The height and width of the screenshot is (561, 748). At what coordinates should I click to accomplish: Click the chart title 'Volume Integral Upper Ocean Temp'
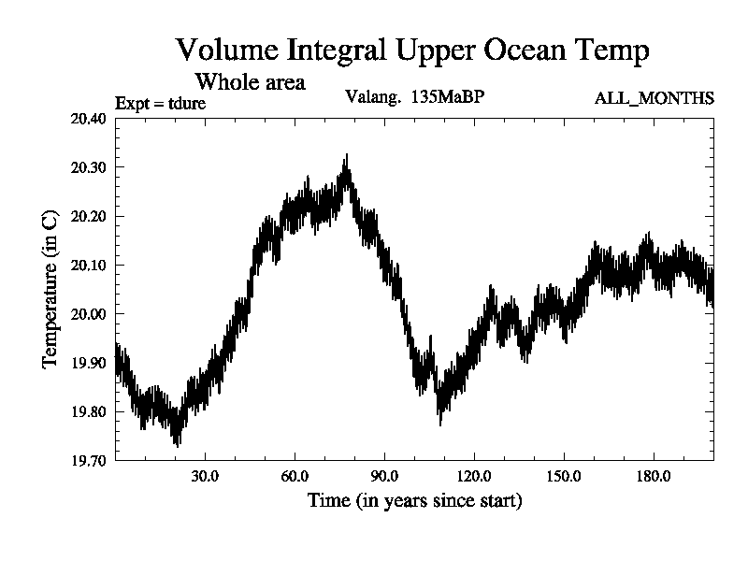point(411,50)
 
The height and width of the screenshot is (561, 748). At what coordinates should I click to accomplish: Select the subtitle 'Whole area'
point(250,82)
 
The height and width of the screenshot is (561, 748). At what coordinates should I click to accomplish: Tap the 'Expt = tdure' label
point(160,103)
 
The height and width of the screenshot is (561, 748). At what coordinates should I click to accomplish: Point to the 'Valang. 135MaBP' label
point(415,96)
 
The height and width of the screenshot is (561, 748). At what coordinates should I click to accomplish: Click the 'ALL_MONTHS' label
point(654,98)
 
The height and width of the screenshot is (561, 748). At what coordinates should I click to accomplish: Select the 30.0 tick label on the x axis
point(205,476)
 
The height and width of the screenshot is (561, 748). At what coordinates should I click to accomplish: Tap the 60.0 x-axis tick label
point(295,476)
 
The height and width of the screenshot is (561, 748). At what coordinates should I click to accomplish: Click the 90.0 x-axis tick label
point(384,476)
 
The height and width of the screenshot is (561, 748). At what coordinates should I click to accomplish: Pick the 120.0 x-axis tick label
point(474,476)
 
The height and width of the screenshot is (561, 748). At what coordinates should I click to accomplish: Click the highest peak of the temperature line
point(347,156)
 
